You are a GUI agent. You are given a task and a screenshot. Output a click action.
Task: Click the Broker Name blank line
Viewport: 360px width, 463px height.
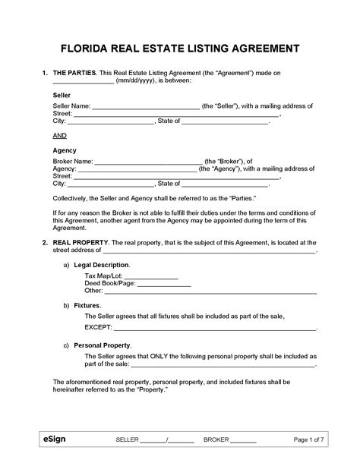149,162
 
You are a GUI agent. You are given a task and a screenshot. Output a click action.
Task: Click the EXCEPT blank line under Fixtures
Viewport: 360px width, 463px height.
213,329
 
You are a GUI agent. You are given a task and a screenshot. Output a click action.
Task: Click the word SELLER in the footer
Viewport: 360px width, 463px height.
128,441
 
